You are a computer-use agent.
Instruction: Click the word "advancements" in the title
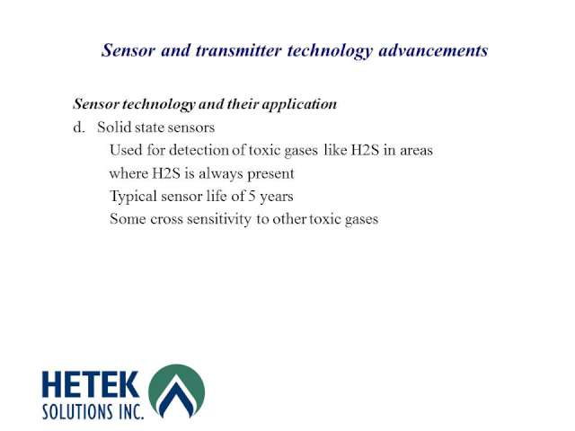click(433, 50)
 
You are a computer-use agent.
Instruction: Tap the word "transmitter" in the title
click(239, 50)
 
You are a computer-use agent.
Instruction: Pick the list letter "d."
click(79, 128)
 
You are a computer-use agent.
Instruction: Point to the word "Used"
click(126, 150)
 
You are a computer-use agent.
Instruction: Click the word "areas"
click(416, 151)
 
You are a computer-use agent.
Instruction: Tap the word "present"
click(271, 174)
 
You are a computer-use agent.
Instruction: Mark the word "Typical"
click(134, 197)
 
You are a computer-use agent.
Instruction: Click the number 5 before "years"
click(252, 196)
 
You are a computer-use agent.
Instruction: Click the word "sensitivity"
click(219, 219)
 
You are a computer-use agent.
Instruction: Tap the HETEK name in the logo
click(91, 384)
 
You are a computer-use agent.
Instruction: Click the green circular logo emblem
click(176, 391)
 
